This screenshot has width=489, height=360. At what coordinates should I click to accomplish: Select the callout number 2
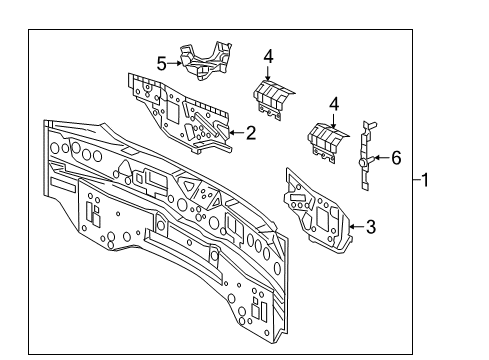click(x=251, y=131)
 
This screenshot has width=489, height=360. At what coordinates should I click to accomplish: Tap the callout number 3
click(x=370, y=227)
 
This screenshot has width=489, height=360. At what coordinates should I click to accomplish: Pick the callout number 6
click(x=396, y=157)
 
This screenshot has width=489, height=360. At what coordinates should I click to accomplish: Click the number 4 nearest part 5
click(x=269, y=56)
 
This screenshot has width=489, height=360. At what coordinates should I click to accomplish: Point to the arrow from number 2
click(x=235, y=131)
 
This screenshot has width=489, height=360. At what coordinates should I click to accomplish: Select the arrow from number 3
click(x=355, y=227)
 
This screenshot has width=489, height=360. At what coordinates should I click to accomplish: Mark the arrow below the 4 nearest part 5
click(x=269, y=72)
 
